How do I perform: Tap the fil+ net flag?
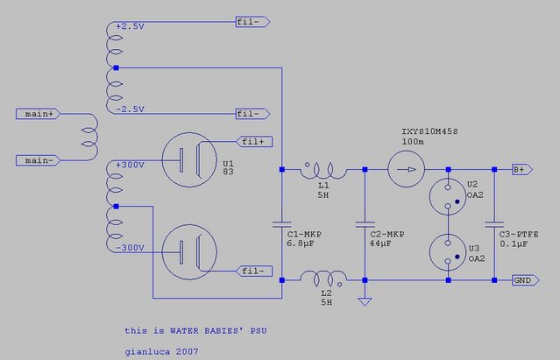(x=253, y=140)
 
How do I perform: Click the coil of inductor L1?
(x=323, y=170)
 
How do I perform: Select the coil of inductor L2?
(x=323, y=279)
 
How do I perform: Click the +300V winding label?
(x=130, y=165)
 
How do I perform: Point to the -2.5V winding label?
(x=129, y=109)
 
